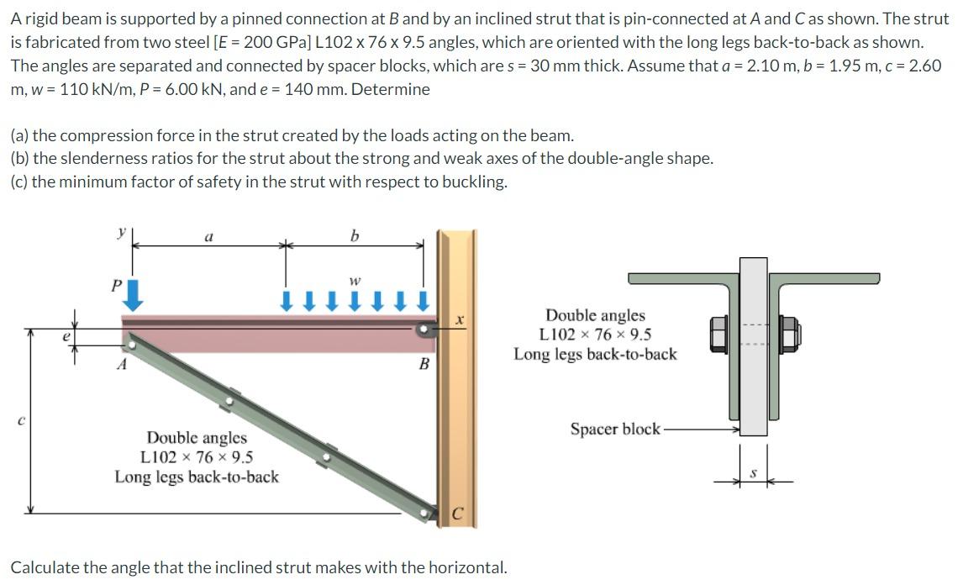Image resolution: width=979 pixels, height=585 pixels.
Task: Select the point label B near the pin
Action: [424, 364]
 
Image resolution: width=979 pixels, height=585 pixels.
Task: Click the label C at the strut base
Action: [457, 513]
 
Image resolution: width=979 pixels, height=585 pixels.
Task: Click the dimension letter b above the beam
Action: [354, 236]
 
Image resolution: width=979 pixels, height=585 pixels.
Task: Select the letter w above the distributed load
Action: [355, 280]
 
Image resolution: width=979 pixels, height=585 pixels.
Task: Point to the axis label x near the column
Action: [460, 319]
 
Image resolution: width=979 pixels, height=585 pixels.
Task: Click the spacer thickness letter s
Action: [754, 475]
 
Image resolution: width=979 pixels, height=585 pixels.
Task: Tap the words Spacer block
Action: [615, 429]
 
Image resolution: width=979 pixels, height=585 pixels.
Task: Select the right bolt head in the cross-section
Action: [790, 335]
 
